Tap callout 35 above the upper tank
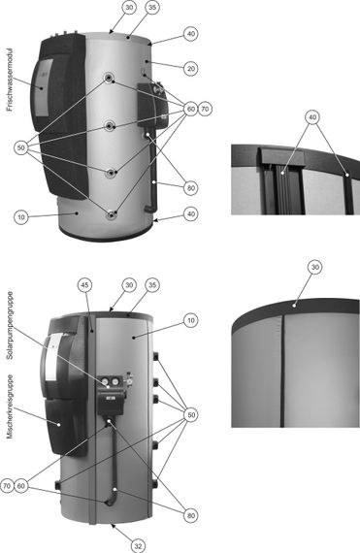coord(152,7)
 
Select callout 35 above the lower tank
coord(150,285)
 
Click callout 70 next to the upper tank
coord(205,108)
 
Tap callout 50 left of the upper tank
coord(20,146)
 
